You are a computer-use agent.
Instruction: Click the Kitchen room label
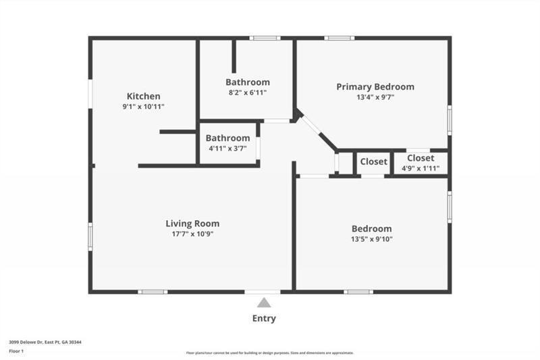[x=144, y=96]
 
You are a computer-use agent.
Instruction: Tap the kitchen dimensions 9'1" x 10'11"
[x=144, y=107]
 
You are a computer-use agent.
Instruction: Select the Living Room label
[x=192, y=224]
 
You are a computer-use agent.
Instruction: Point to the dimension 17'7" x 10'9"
[x=192, y=234]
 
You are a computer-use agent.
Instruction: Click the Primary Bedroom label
[x=375, y=86]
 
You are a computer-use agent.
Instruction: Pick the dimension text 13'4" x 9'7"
[x=375, y=97]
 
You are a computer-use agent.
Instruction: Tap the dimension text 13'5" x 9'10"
[x=371, y=240]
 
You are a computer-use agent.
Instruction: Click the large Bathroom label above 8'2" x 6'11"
[x=247, y=82]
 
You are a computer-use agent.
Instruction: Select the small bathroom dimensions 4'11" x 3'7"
[x=227, y=149]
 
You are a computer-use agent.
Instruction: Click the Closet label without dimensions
[x=373, y=161]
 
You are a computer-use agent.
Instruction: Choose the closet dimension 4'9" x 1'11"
[x=421, y=168]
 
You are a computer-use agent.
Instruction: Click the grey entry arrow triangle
[x=264, y=303]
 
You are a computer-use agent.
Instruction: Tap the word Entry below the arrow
[x=264, y=319]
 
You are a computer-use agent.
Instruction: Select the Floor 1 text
[x=16, y=351]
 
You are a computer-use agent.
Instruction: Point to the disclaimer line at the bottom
[x=270, y=353]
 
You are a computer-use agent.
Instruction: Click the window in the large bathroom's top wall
[x=265, y=38]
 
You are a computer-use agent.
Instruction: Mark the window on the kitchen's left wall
[x=90, y=95]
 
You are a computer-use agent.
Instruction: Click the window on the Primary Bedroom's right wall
[x=450, y=120]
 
